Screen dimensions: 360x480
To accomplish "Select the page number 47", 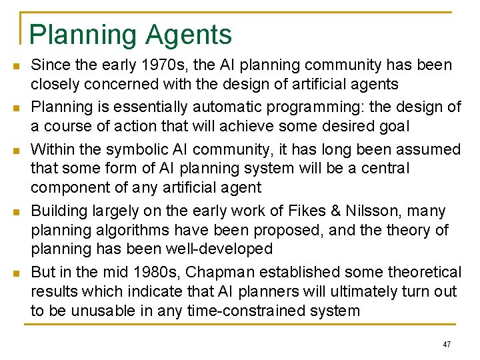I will (x=447, y=345).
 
